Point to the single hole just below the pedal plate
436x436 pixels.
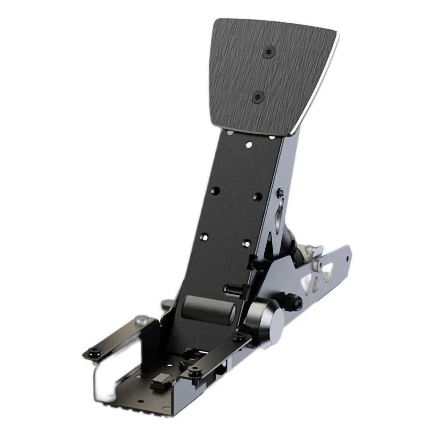pos(249,145)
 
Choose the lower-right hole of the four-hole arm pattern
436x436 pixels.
pos(247,242)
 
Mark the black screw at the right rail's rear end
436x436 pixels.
pos(239,336)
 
